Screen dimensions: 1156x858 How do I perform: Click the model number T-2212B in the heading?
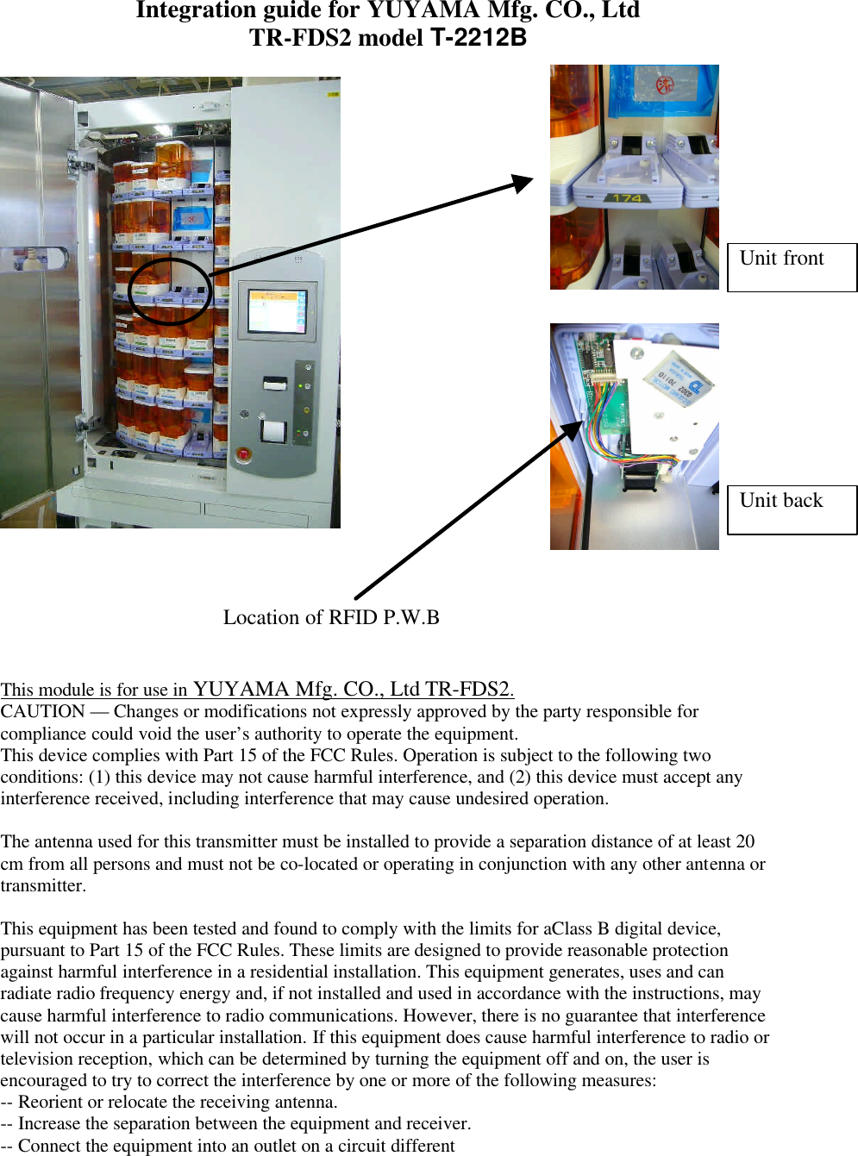[478, 38]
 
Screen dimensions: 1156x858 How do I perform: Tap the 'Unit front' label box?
[792, 267]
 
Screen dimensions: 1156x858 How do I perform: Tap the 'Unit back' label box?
[792, 509]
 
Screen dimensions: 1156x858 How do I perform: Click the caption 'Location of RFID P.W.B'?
[331, 617]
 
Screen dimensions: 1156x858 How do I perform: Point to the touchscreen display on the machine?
[276, 310]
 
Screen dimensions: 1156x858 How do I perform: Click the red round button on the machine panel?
[243, 454]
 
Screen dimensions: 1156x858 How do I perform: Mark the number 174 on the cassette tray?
[627, 198]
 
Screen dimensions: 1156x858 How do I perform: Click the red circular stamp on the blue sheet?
[665, 85]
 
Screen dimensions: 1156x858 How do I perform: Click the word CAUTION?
[42, 711]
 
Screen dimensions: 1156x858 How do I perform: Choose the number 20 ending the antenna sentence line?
[745, 841]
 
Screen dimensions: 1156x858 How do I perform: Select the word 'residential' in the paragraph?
[291, 972]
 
